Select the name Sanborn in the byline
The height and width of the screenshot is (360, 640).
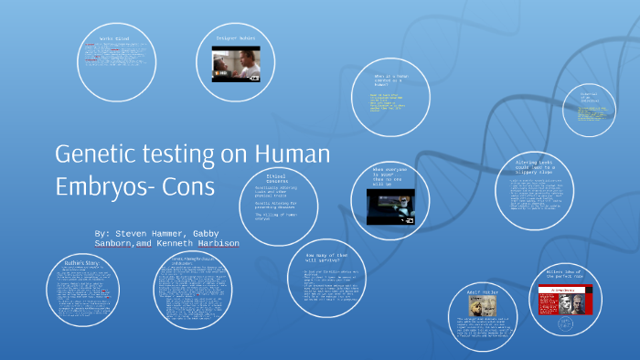[x=113, y=244]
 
